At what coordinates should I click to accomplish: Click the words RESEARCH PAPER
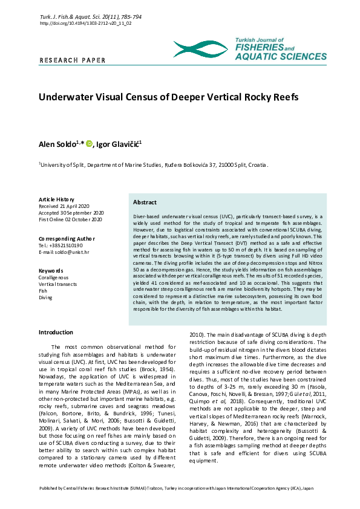tap(72, 60)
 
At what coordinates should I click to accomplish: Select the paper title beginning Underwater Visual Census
tap(169, 97)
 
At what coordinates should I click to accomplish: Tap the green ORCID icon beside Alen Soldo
tap(89, 143)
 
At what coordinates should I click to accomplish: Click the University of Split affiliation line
tap(154, 164)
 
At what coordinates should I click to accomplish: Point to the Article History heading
tap(56, 199)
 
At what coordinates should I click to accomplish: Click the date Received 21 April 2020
tap(64, 206)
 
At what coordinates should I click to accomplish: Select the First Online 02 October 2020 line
tap(70, 219)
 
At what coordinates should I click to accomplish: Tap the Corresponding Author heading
tap(67, 239)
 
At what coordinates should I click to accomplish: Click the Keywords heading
tap(51, 270)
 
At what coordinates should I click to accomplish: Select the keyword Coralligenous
tap(53, 277)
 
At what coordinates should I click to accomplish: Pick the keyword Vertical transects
tap(57, 284)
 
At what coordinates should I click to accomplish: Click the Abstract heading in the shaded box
tap(145, 203)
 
